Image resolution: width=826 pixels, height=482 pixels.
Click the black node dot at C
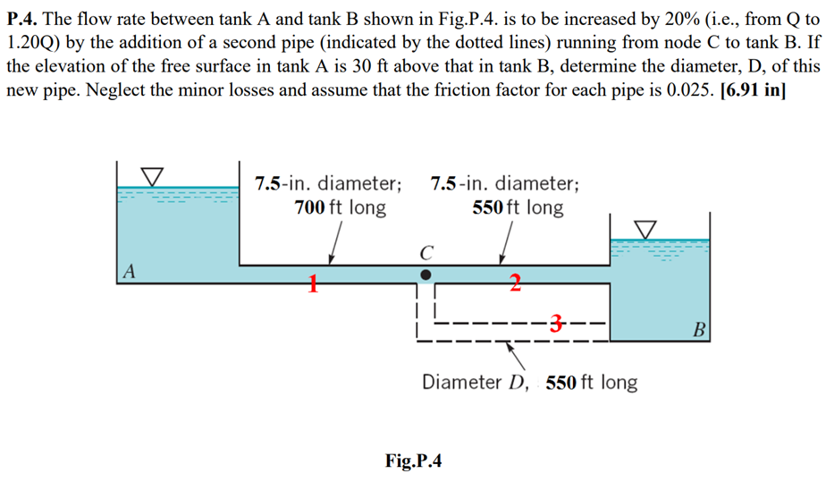pyautogui.click(x=426, y=274)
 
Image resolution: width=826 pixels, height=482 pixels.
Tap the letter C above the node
pyautogui.click(x=426, y=251)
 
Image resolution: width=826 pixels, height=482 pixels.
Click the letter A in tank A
pyautogui.click(x=131, y=271)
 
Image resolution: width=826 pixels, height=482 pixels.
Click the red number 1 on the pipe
pyautogui.click(x=313, y=285)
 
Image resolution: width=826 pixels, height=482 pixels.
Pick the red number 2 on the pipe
pyautogui.click(x=515, y=285)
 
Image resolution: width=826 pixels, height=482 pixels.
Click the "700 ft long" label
pyautogui.click(x=340, y=208)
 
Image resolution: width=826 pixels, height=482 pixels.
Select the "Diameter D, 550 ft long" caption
pyautogui.click(x=529, y=383)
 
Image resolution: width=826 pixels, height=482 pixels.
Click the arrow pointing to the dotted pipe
pyautogui.click(x=517, y=355)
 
